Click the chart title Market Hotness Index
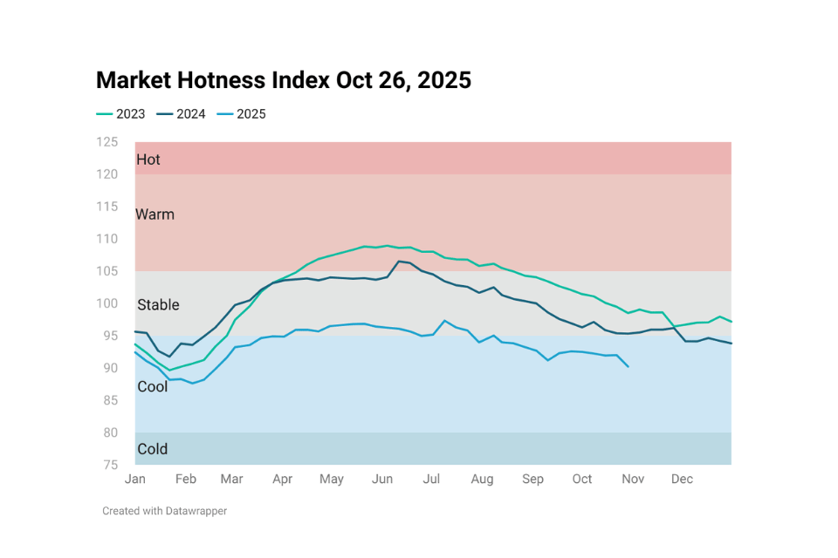(x=283, y=80)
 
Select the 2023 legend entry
(x=120, y=114)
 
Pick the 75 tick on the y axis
(x=110, y=465)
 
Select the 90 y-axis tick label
(x=110, y=368)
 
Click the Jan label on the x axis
(x=135, y=480)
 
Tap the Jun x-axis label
(x=381, y=480)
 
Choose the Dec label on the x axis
(x=683, y=480)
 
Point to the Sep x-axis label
(x=532, y=480)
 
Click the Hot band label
(x=148, y=160)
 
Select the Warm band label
(x=155, y=214)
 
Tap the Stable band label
(x=158, y=305)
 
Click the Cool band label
(x=153, y=386)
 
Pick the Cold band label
(x=153, y=450)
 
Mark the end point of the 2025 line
(x=628, y=367)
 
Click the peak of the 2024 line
(x=399, y=262)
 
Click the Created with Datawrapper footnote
(x=164, y=511)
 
